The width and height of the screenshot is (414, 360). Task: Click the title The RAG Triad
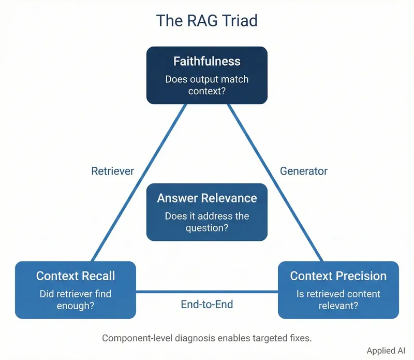point(206,21)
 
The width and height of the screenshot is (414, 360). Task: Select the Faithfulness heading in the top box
point(206,61)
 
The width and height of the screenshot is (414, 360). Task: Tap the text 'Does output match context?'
point(206,85)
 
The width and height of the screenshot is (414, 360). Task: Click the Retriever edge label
point(112,171)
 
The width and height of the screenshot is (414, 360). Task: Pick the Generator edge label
point(303,171)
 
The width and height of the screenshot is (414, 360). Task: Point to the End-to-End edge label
point(206,305)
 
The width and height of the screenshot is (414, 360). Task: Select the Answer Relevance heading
point(206,198)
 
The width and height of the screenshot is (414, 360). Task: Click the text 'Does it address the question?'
point(206,222)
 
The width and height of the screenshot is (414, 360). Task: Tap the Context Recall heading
point(76,276)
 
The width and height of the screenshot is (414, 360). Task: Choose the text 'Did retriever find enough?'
point(76,299)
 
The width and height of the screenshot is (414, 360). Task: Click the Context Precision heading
point(338,276)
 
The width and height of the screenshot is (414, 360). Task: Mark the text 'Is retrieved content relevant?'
point(338,299)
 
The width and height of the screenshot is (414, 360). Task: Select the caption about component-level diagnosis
point(206,338)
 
